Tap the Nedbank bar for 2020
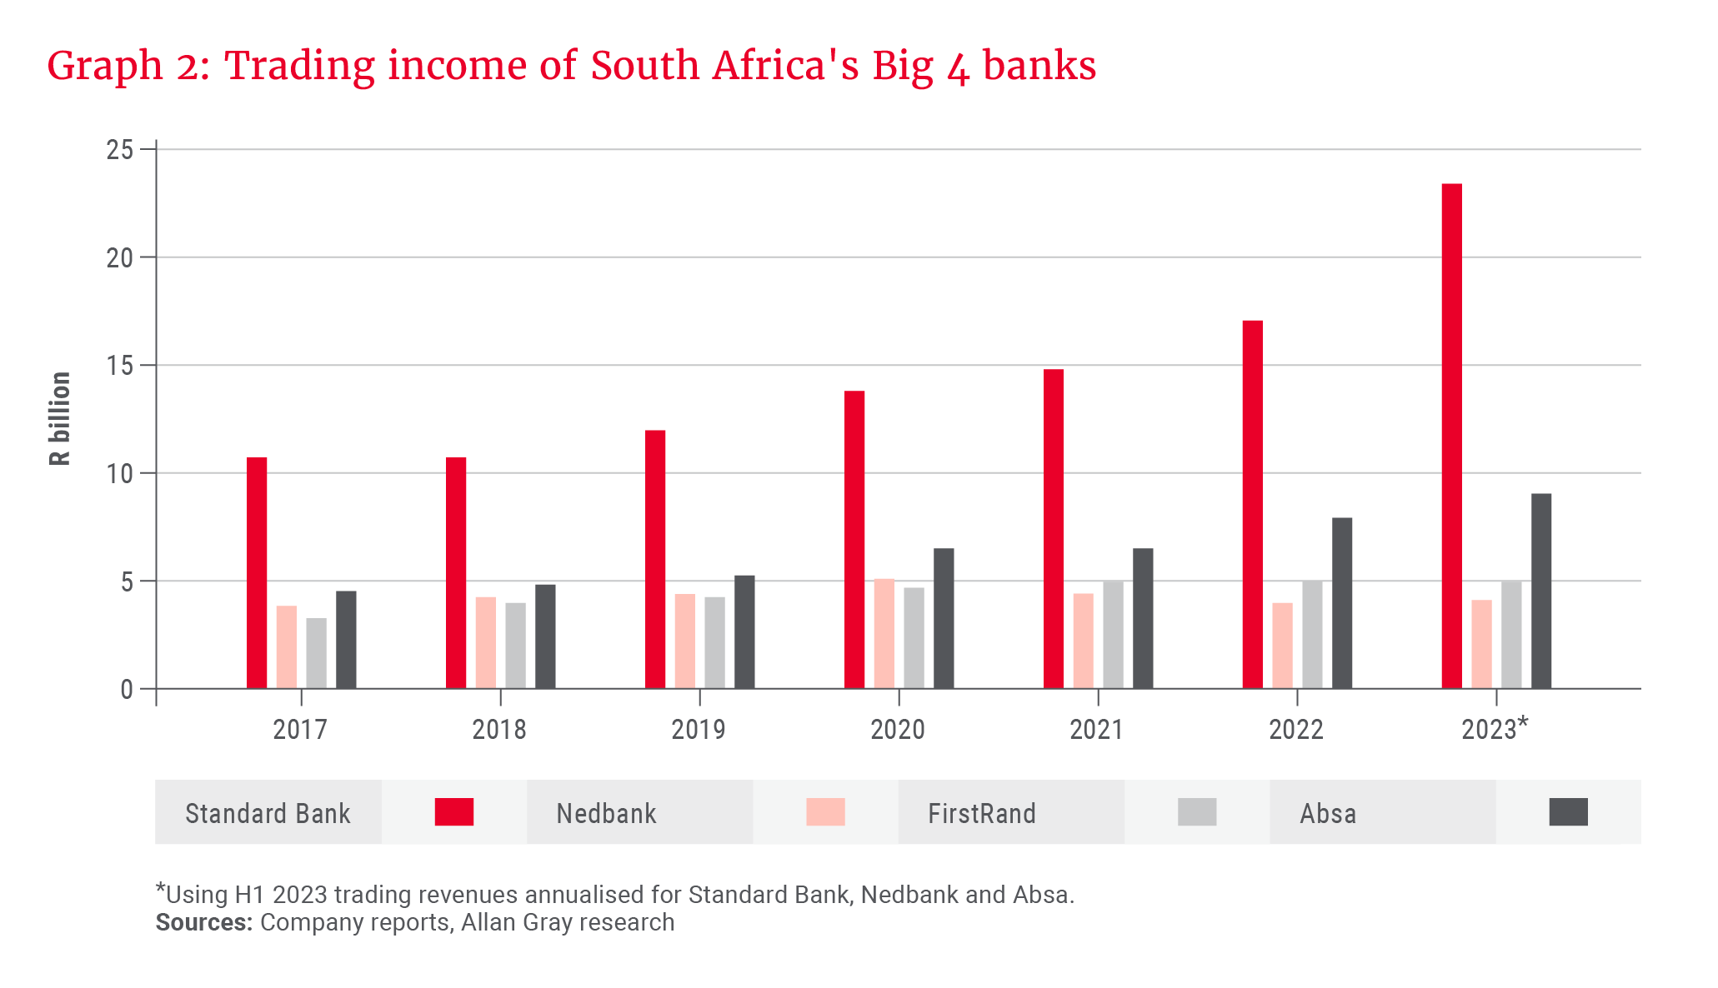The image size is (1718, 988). pyautogui.click(x=884, y=633)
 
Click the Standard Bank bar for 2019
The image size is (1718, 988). pyautogui.click(x=655, y=559)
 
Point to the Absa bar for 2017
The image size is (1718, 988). pyautogui.click(x=346, y=640)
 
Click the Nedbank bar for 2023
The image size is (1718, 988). pyautogui.click(x=1481, y=644)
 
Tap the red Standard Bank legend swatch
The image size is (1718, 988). pyautogui.click(x=454, y=812)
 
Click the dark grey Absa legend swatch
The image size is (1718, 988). pyautogui.click(x=1568, y=812)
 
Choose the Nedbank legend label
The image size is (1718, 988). pyautogui.click(x=606, y=814)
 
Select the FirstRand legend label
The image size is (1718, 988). pyautogui.click(x=981, y=814)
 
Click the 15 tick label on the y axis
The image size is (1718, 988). pyautogui.click(x=120, y=366)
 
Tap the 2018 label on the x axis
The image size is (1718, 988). pyautogui.click(x=498, y=730)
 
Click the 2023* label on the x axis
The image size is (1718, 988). pyautogui.click(x=1494, y=729)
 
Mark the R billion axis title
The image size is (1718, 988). pyautogui.click(x=60, y=418)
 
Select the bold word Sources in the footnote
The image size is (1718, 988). pyautogui.click(x=203, y=923)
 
